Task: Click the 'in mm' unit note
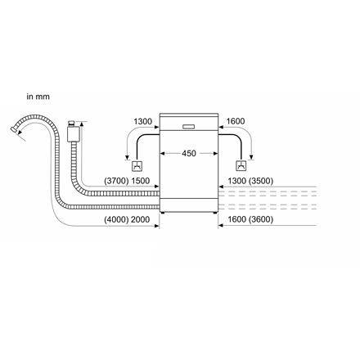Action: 38,97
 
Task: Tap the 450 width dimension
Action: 189,153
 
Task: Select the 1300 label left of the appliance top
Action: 142,121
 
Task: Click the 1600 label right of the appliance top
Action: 236,121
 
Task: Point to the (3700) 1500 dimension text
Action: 127,181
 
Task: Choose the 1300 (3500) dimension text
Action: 250,181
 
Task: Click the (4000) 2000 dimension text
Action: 127,219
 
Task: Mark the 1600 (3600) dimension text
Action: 250,219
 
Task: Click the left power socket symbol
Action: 137,166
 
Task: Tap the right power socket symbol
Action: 241,166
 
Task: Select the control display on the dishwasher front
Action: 188,127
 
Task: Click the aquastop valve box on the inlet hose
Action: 73,133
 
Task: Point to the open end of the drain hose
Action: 12,128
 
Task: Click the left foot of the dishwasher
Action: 162,213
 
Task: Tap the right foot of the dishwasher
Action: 215,213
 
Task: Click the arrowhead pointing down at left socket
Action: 127,158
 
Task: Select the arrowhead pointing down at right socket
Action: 251,158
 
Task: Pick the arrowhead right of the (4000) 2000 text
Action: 157,226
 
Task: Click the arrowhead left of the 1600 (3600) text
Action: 221,226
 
